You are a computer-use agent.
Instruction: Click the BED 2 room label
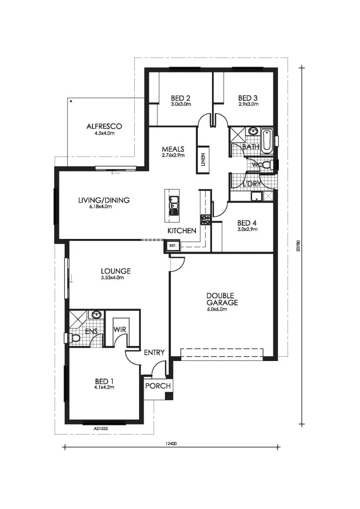[180, 98]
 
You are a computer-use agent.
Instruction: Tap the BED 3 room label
[248, 98]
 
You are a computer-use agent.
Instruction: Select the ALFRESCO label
[104, 126]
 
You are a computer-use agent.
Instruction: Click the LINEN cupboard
[203, 159]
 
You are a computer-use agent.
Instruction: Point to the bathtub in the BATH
[267, 141]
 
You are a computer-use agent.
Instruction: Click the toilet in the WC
[268, 165]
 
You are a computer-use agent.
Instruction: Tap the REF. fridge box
[172, 246]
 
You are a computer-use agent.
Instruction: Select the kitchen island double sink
[173, 206]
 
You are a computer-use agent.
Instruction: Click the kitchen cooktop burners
[205, 220]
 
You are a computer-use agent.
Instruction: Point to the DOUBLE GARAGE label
[222, 299]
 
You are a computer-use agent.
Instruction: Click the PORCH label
[158, 386]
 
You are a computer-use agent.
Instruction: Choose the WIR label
[120, 329]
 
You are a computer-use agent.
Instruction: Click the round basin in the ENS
[96, 314]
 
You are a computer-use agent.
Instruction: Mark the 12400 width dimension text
[171, 444]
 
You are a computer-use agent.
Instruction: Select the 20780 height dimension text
[298, 246]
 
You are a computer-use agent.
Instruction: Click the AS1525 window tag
[101, 428]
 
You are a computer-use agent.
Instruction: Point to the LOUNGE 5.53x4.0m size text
[112, 278]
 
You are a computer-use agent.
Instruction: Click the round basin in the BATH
[253, 131]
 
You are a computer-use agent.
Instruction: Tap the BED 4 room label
[247, 223]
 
